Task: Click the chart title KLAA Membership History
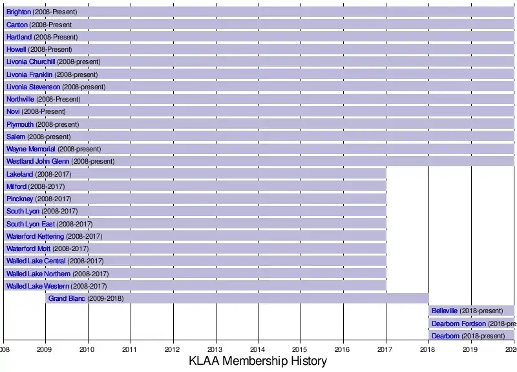[258, 361]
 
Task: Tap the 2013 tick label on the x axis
[216, 349]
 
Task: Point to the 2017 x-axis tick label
[386, 349]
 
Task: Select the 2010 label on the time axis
[88, 349]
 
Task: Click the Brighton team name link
[18, 12]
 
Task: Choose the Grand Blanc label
[67, 298]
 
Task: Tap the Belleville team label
[445, 311]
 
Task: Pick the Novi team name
[13, 111]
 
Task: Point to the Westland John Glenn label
[37, 161]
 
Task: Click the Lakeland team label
[19, 174]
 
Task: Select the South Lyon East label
[30, 224]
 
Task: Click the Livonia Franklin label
[29, 74]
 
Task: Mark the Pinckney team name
[20, 199]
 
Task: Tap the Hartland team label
[19, 37]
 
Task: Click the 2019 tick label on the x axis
[471, 349]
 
